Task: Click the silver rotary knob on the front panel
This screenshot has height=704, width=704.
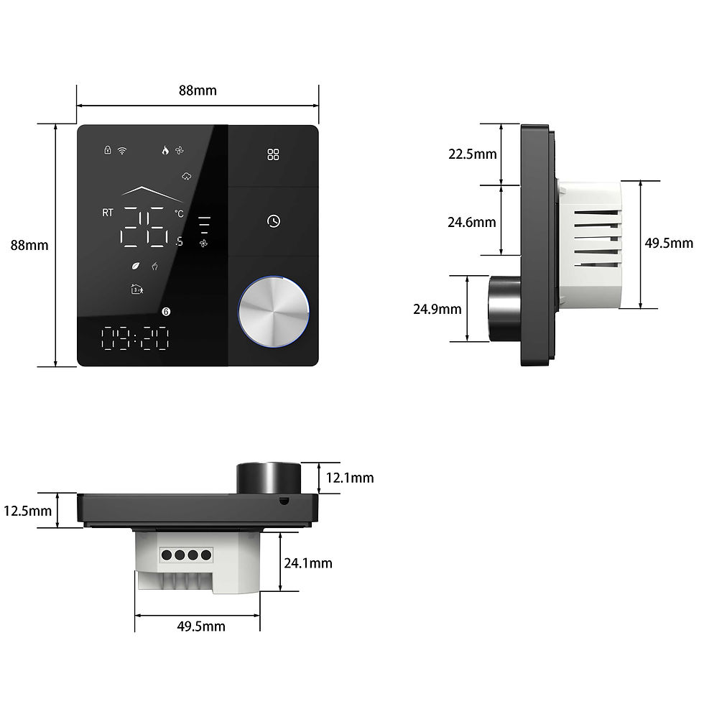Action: click(274, 312)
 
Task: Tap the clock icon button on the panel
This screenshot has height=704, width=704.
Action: click(274, 221)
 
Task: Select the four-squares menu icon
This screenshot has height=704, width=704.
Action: click(273, 154)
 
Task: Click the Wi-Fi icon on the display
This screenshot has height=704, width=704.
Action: click(121, 150)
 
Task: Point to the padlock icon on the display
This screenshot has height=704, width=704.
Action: click(108, 149)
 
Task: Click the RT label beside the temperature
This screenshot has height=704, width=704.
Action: click(108, 213)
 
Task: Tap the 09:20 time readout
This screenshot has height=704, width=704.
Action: click(135, 338)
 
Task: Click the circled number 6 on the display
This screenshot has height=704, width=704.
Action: click(166, 312)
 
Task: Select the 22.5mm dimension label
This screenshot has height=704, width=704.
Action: click(473, 154)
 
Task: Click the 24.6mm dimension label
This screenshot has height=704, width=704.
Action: click(471, 222)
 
